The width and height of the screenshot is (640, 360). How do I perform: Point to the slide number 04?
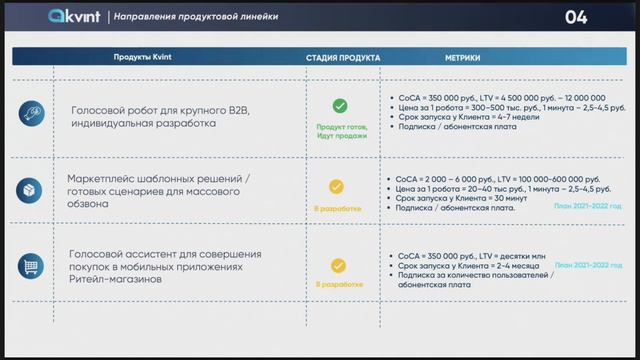tap(577, 17)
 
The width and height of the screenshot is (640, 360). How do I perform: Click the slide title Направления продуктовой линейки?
tap(196, 18)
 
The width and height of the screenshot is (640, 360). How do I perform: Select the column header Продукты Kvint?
tap(144, 58)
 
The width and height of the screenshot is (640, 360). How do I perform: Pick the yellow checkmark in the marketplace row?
tap(337, 186)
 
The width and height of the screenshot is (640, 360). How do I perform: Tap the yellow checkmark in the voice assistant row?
tap(338, 265)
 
